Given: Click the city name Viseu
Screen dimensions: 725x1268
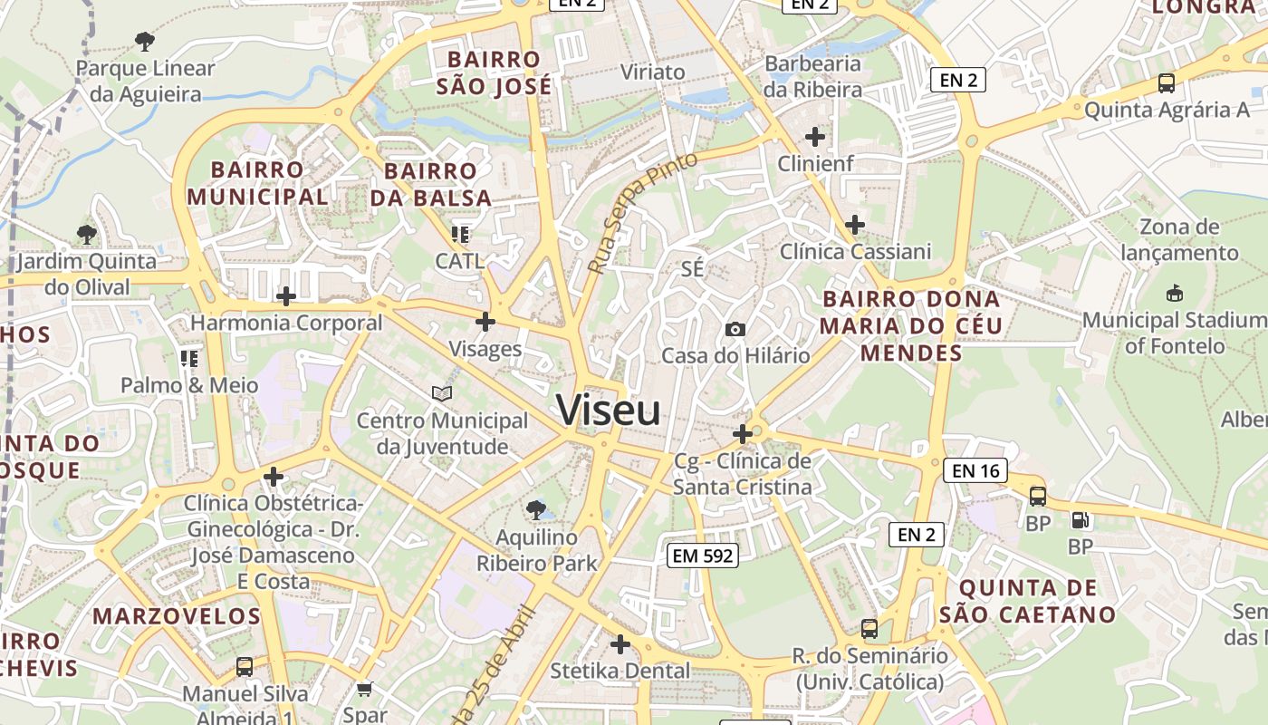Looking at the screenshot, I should click(609, 411).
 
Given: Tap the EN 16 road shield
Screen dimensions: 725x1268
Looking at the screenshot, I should click(975, 470).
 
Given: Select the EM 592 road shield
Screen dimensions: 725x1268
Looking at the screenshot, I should click(703, 556).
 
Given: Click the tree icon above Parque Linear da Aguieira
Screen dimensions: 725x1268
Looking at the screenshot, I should click(144, 41).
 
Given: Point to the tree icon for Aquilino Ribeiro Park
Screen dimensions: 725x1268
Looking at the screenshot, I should click(536, 509).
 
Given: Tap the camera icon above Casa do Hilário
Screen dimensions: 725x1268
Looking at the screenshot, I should click(735, 329).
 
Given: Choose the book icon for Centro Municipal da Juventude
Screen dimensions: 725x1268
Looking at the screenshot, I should click(442, 394).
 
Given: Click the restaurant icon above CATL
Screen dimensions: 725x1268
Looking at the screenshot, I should click(460, 235).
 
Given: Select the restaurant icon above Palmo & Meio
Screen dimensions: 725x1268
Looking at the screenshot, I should click(188, 359).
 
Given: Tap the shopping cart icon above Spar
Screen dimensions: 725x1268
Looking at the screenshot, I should click(364, 690).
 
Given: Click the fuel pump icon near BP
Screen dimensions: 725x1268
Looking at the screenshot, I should click(1080, 520).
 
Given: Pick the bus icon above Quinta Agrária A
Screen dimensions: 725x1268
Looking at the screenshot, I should click(1167, 83).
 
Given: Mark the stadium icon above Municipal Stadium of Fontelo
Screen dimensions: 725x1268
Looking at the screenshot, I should click(1175, 294).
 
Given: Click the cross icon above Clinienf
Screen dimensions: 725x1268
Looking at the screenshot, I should click(815, 137).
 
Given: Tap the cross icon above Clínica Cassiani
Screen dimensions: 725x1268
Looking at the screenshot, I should click(854, 225).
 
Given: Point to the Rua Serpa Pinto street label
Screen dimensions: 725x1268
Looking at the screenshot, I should click(642, 213).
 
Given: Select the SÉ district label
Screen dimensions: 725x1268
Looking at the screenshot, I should click(692, 269).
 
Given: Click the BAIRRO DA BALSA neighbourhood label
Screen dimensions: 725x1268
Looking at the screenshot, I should click(431, 184).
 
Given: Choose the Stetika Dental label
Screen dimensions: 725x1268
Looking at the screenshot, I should click(620, 671).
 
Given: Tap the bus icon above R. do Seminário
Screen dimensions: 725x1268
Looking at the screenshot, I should click(869, 628).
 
